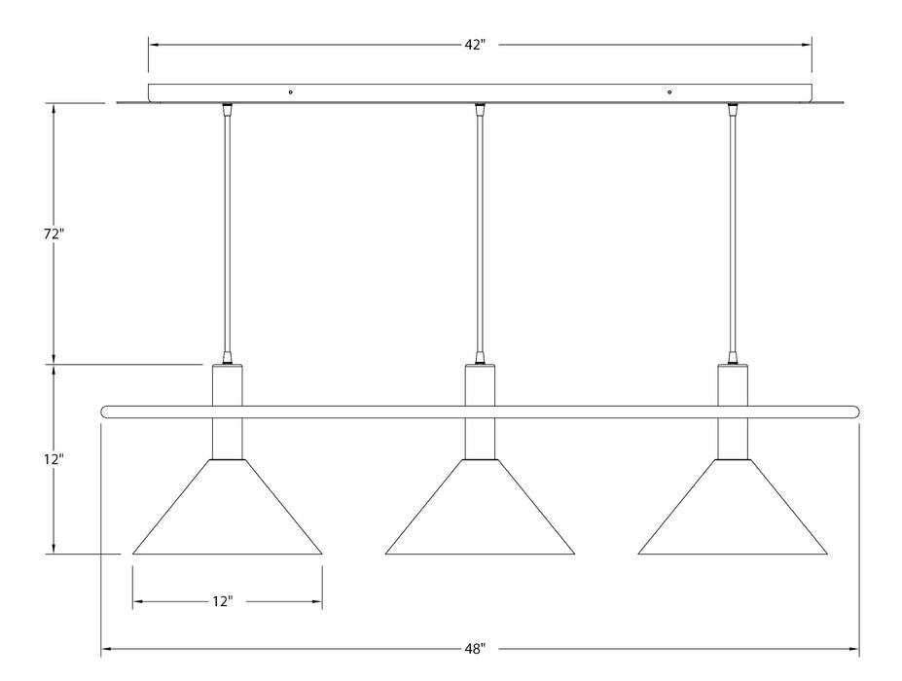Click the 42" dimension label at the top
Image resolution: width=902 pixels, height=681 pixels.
(x=474, y=46)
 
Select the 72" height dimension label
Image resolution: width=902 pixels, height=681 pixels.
(x=54, y=234)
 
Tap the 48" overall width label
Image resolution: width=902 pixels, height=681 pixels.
(x=475, y=648)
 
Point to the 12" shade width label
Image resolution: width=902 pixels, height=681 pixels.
(x=223, y=602)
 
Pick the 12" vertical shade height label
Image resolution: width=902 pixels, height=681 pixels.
(x=54, y=458)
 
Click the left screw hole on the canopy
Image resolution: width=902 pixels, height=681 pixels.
(x=290, y=92)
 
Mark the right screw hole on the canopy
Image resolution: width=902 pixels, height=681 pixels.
(x=669, y=92)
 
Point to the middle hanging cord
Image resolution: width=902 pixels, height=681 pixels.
(x=480, y=233)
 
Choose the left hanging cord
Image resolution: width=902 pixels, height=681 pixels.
(x=227, y=233)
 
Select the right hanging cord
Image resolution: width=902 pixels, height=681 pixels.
(x=733, y=233)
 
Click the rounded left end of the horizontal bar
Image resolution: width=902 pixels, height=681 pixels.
(x=106, y=412)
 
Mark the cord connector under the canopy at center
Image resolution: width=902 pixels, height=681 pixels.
(x=480, y=109)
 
